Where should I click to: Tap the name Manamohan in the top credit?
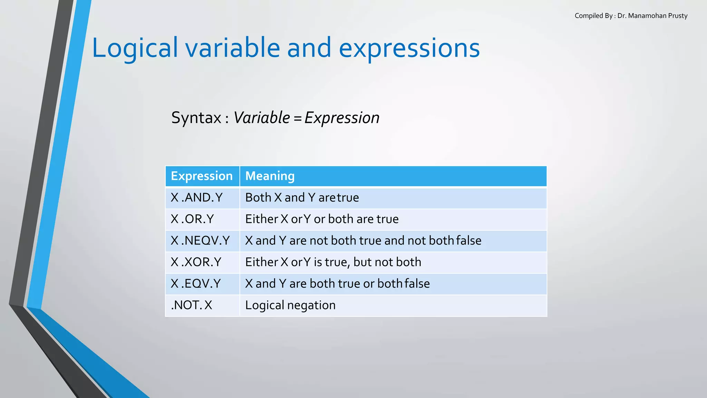(647, 16)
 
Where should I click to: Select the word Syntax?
(196, 118)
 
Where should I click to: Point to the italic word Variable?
(262, 118)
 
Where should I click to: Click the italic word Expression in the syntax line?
(342, 118)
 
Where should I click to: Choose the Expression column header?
(202, 176)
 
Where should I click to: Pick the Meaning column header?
(270, 176)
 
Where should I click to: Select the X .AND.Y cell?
(197, 198)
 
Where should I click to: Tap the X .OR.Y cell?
(192, 219)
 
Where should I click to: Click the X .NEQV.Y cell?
(200, 240)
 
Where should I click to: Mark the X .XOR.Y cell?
(196, 262)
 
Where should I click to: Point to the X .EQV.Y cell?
(196, 284)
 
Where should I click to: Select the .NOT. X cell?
(192, 305)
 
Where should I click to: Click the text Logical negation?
(290, 305)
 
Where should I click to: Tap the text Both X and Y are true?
(302, 198)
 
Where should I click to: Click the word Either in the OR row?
(262, 219)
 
